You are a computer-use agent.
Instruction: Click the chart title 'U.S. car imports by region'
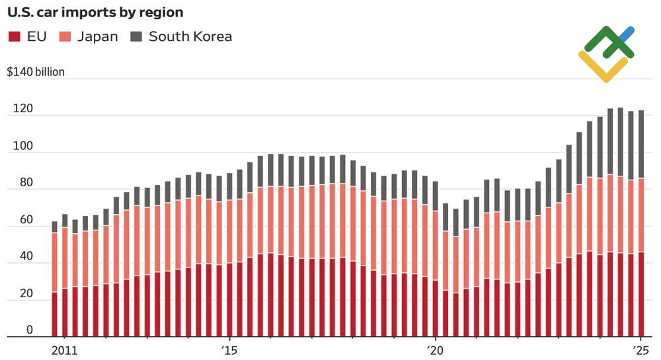pos(95,13)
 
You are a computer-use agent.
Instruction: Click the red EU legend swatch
pos(14,37)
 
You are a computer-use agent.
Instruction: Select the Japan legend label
pos(97,37)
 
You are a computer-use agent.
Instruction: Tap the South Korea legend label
pos(190,37)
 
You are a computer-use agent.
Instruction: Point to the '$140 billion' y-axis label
pos(36,72)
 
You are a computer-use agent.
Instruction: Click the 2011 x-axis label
pos(64,349)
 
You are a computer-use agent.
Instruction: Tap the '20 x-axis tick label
pos(434,349)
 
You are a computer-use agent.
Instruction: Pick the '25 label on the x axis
pos(640,349)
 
